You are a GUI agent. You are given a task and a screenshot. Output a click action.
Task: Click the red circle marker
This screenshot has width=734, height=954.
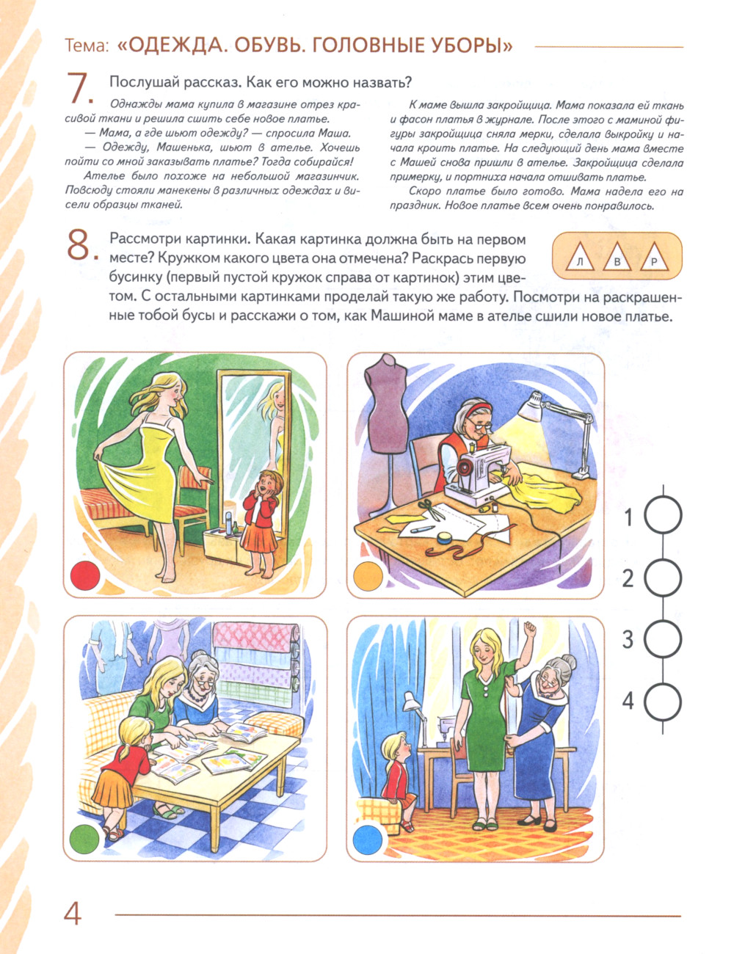(x=85, y=575)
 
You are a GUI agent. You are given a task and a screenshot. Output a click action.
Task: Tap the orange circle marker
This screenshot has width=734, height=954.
(x=368, y=575)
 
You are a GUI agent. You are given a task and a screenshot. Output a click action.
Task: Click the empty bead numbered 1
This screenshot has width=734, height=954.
(x=663, y=515)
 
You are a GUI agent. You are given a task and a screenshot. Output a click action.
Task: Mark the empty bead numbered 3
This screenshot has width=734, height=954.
(x=663, y=638)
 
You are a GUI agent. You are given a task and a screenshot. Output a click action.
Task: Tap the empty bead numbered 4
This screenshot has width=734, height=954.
(x=663, y=702)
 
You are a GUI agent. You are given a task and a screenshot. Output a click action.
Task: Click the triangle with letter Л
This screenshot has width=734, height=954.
(x=580, y=258)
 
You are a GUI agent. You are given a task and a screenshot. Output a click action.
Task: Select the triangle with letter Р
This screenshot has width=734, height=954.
(x=654, y=258)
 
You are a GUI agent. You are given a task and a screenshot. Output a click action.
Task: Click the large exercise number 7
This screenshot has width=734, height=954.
(x=79, y=89)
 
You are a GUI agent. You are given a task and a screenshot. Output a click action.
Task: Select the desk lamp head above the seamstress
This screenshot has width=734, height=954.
(x=531, y=406)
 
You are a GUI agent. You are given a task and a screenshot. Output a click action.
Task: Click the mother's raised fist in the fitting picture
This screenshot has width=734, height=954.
(x=530, y=629)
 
